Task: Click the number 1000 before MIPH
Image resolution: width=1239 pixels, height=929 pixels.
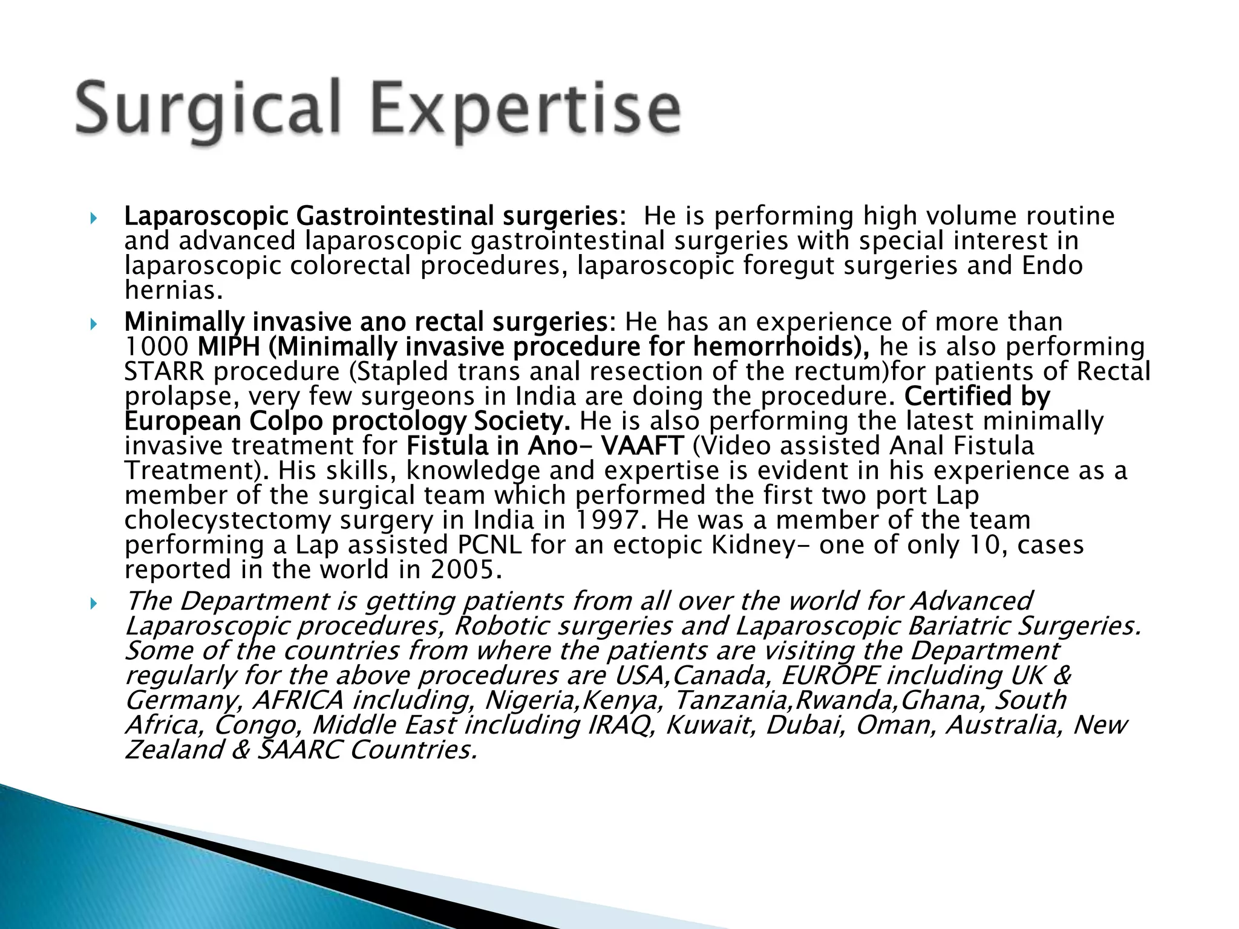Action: pyautogui.click(x=156, y=347)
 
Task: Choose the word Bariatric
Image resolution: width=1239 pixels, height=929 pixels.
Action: pyautogui.click(x=959, y=626)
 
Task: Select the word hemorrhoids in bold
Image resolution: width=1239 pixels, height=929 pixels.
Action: pyautogui.click(x=768, y=347)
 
